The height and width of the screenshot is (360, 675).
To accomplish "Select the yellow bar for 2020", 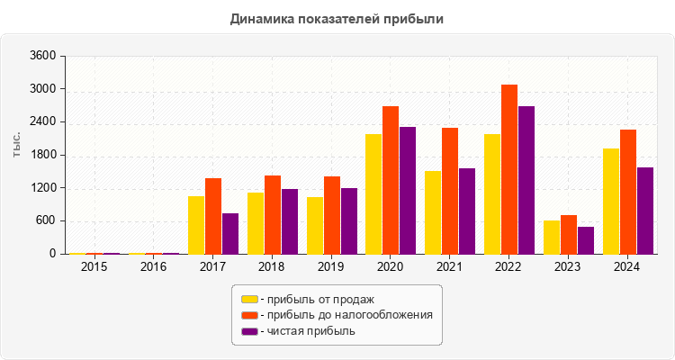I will click(x=373, y=193).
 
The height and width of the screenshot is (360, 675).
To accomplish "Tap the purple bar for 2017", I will click(x=230, y=233).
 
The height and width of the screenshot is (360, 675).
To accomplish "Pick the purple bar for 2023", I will click(x=586, y=240).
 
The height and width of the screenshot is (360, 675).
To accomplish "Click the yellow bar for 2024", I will click(x=611, y=201).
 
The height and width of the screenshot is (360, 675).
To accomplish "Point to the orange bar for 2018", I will click(x=273, y=214).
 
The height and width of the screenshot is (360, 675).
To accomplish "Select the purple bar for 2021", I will click(x=467, y=211).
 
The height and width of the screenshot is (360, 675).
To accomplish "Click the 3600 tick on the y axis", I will click(x=43, y=56).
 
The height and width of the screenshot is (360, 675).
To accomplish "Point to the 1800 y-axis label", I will click(x=43, y=155).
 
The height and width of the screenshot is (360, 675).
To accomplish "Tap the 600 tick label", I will click(x=47, y=221).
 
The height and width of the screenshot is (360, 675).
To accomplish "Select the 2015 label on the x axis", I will click(x=94, y=267).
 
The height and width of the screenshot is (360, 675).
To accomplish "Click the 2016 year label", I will click(x=154, y=267).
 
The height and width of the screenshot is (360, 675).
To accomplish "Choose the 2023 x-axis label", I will click(x=569, y=267).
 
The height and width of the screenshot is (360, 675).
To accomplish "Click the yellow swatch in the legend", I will click(x=248, y=299).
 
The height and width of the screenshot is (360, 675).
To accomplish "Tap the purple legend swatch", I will click(x=248, y=331).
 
